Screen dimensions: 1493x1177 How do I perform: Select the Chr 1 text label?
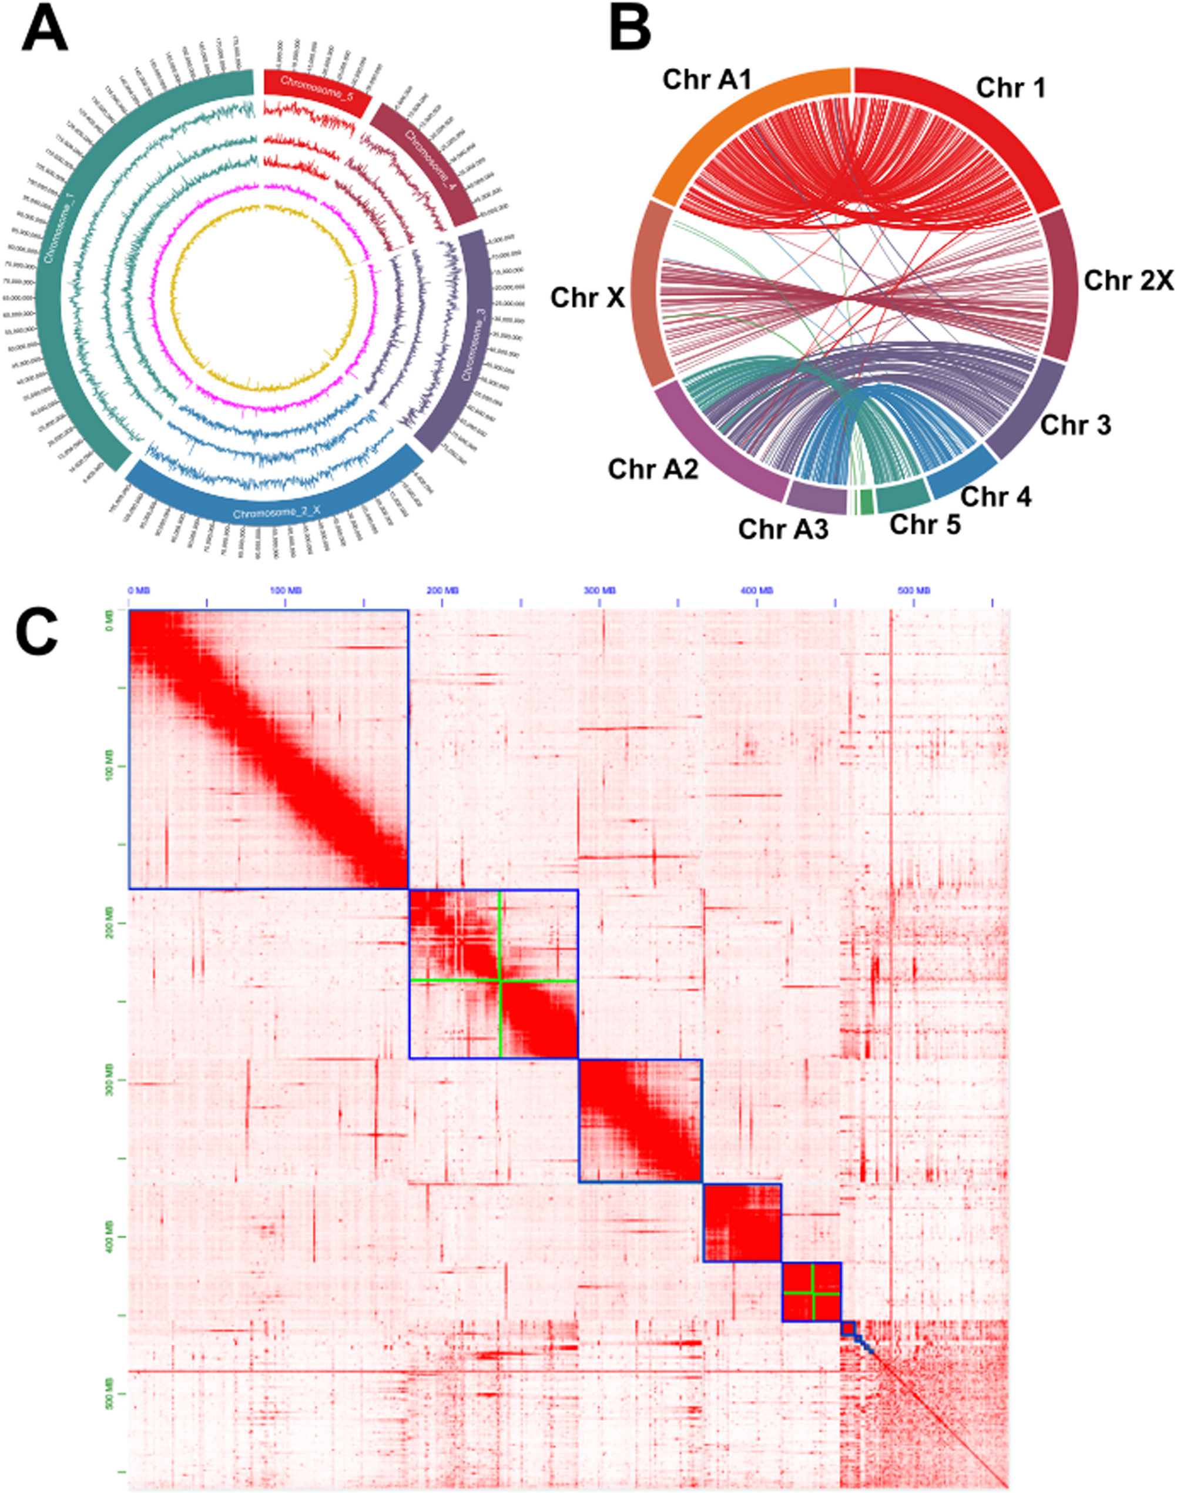pyautogui.click(x=1011, y=88)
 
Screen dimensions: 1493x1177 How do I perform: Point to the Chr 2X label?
pyautogui.click(x=1128, y=280)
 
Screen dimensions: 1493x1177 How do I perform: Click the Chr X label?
pyautogui.click(x=587, y=298)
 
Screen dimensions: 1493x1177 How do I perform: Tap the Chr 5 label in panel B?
pyautogui.click(x=925, y=524)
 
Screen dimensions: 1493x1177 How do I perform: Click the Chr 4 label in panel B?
pyautogui.click(x=996, y=496)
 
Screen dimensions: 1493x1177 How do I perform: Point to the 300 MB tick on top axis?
pyautogui.click(x=599, y=604)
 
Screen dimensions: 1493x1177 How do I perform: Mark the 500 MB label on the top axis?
pyautogui.click(x=914, y=591)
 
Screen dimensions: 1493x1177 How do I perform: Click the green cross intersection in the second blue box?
pyautogui.click(x=500, y=980)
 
